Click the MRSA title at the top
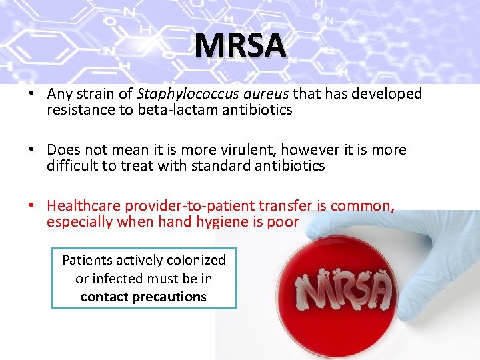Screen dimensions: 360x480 (240, 45)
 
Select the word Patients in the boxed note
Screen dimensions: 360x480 (88, 260)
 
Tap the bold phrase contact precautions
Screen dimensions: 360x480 (143, 297)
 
